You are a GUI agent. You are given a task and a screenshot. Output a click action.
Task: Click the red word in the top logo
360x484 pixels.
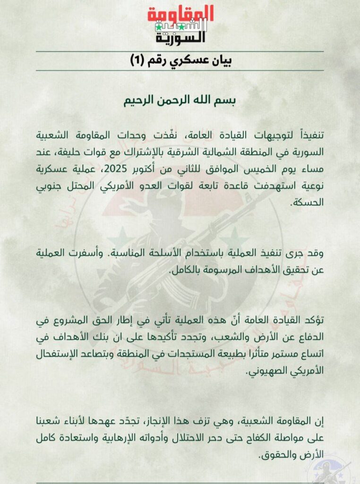tap(180, 14)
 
